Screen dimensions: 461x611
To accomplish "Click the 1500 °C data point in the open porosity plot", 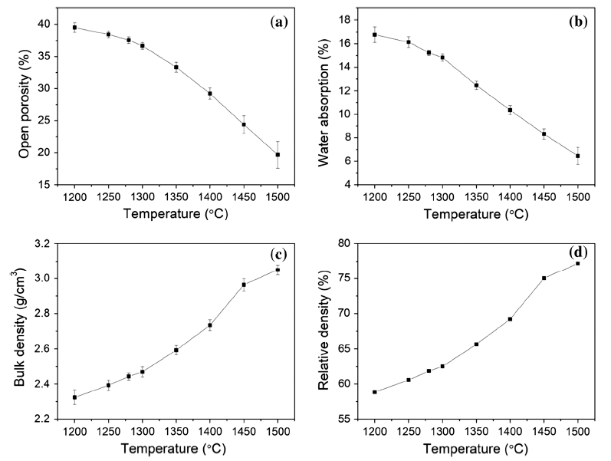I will (x=278, y=155).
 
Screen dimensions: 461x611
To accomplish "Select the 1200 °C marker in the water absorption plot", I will (x=375, y=35).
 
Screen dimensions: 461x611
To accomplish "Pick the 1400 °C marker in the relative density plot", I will (x=510, y=319).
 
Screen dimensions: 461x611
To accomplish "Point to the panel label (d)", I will (x=577, y=252).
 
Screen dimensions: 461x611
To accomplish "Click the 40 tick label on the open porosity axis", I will (x=46, y=24).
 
